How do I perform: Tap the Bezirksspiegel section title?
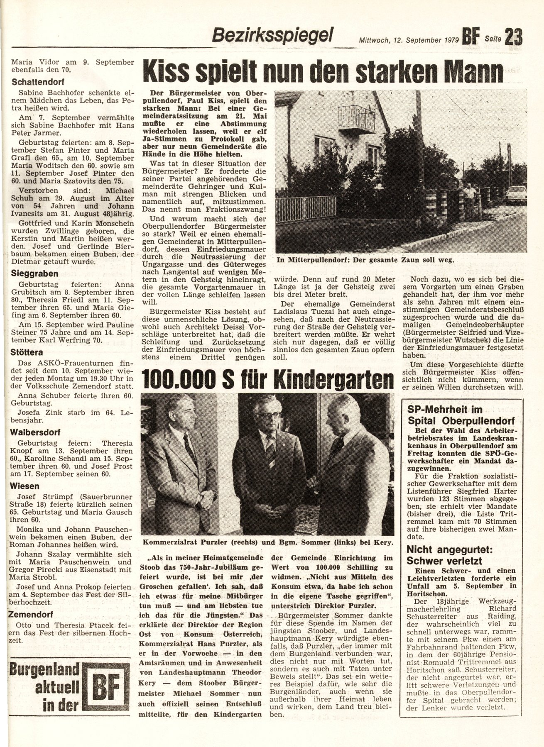[272, 35]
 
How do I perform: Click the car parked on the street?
[516, 195]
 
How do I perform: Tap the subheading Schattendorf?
[38, 82]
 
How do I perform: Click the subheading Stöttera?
[28, 352]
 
